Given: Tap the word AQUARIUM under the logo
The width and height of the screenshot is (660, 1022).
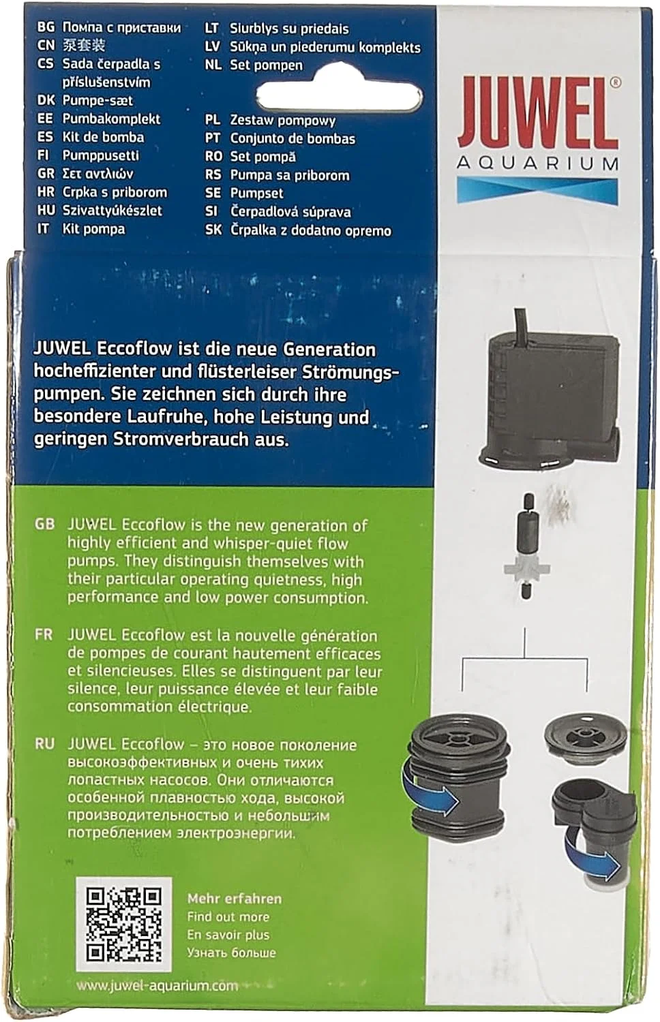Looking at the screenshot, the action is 538,163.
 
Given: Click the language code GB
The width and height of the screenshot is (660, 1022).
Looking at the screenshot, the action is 44,525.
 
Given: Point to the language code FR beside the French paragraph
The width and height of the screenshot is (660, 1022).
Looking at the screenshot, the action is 44,635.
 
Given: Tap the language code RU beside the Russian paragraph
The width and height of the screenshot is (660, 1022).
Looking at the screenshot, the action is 44,745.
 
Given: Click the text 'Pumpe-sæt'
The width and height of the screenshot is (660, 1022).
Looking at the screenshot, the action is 97,100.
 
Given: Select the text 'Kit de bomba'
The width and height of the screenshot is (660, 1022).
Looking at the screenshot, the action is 103,137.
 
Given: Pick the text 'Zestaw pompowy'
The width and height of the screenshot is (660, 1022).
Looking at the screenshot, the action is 282,121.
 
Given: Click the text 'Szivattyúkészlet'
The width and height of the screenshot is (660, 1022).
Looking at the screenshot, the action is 112,211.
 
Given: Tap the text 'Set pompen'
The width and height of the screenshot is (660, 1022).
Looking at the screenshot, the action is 266,65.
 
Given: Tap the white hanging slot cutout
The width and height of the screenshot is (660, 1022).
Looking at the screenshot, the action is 340,95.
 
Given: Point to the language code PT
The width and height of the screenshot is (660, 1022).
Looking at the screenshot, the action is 213,138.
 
